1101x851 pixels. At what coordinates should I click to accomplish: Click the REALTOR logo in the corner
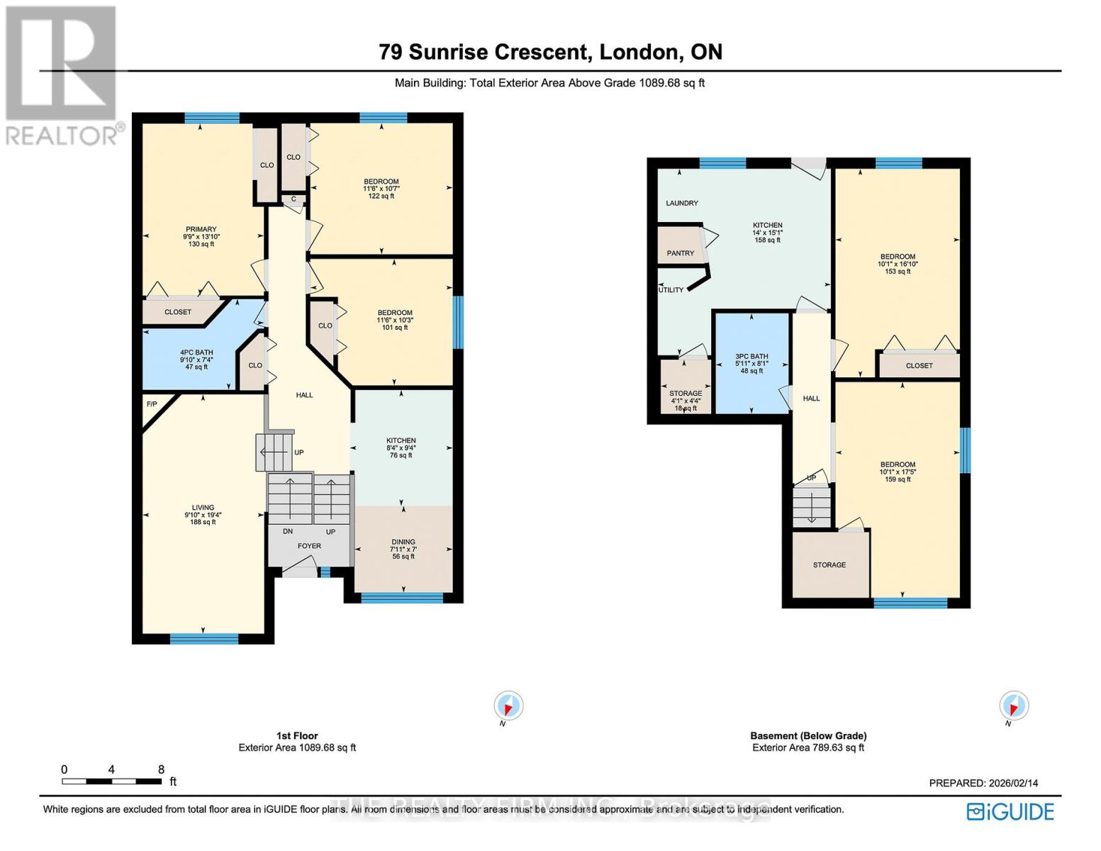[x=62, y=75]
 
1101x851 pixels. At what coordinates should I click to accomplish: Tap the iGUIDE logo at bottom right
[x=1011, y=811]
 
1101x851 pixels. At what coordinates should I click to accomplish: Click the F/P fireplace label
[x=151, y=404]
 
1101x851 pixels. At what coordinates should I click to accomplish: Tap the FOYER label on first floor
[x=309, y=546]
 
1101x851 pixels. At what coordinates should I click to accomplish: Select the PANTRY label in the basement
[x=680, y=253]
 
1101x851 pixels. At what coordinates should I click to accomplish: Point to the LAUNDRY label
[x=682, y=204]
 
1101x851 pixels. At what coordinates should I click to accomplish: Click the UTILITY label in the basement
[x=671, y=290]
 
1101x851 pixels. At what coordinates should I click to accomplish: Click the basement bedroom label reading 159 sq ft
[x=898, y=472]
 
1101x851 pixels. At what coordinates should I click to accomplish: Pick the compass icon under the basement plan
[x=1013, y=706]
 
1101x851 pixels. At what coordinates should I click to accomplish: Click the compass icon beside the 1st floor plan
[x=508, y=706]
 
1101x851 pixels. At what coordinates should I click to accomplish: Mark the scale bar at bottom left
[x=111, y=781]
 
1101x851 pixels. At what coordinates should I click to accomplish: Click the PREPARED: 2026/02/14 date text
[x=983, y=783]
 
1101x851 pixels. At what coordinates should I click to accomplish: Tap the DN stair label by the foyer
[x=288, y=532]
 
